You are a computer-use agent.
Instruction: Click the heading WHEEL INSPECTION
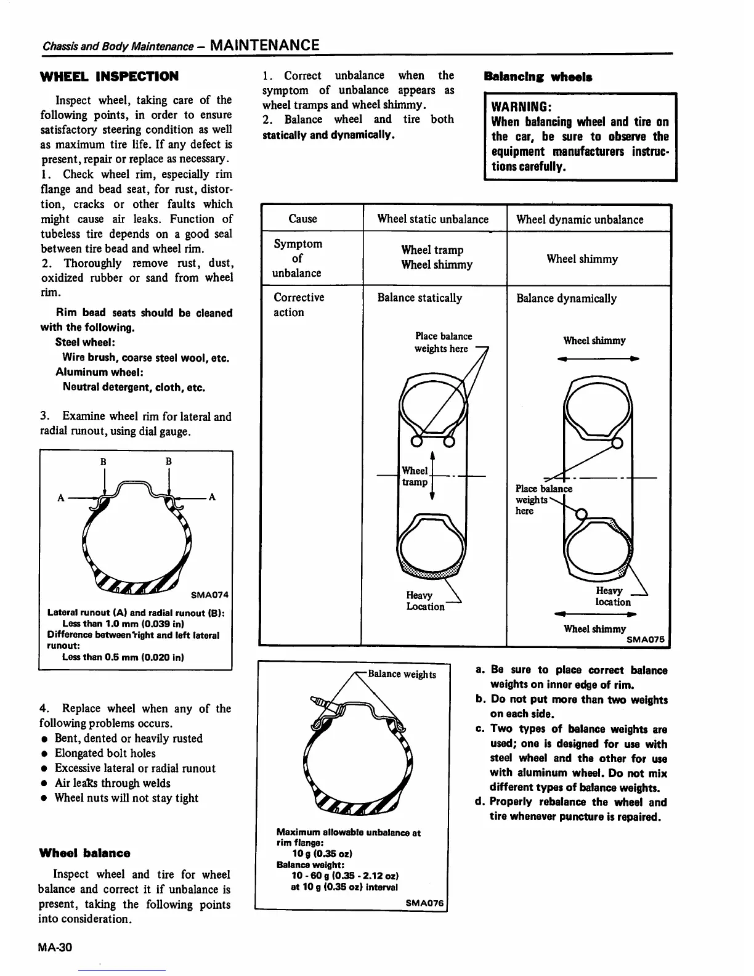point(109,76)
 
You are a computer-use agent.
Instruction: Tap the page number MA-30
point(55,947)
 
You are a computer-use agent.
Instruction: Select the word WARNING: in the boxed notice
point(516,106)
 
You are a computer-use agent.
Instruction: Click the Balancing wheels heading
point(538,77)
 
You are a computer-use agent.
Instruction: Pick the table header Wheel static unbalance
point(432,219)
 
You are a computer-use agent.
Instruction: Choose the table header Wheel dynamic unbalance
point(579,219)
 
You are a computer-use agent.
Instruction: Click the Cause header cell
point(302,219)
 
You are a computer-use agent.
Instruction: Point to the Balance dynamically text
point(566,298)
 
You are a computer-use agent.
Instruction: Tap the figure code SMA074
point(209,595)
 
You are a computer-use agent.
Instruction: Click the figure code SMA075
point(647,640)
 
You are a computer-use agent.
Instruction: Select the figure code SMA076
point(424,903)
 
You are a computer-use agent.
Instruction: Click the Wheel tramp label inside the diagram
point(415,476)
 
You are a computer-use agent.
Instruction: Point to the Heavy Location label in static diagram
point(425,601)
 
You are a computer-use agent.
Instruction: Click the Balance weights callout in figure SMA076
point(402,674)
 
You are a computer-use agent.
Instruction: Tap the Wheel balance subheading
point(84,853)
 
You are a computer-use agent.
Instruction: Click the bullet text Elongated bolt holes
point(105,753)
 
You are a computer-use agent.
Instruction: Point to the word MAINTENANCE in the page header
point(264,45)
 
